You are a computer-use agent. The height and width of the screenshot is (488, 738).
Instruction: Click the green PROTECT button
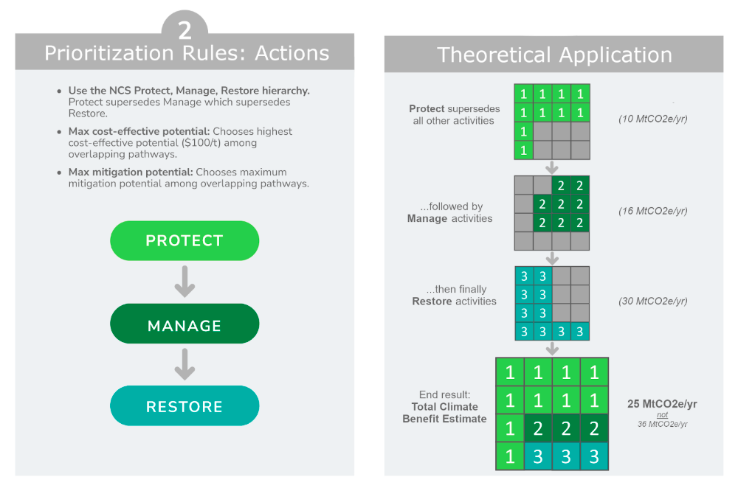(x=184, y=241)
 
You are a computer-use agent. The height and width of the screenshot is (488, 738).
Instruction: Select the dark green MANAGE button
(x=184, y=325)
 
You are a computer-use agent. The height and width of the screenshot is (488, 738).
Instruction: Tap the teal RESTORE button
(x=184, y=407)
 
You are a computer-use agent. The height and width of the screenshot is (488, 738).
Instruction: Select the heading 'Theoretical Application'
(x=554, y=55)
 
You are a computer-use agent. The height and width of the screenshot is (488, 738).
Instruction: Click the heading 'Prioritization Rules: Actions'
(x=186, y=53)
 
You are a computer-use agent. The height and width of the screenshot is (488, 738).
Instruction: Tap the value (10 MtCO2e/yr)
(x=652, y=119)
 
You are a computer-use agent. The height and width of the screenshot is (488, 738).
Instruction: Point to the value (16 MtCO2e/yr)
(x=652, y=211)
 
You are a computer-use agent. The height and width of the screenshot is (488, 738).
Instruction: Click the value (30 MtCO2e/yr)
(x=652, y=301)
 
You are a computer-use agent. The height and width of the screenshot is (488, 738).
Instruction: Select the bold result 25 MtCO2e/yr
(x=662, y=404)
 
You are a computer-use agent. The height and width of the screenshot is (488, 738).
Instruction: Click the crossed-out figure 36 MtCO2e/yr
(x=662, y=425)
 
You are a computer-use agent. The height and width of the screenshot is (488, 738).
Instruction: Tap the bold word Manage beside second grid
(x=427, y=218)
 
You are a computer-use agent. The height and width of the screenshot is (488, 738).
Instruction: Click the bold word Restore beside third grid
(x=432, y=301)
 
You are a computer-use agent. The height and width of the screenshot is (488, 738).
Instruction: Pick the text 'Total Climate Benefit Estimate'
(x=444, y=413)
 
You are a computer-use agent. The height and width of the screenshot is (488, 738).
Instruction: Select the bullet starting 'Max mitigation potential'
(x=188, y=178)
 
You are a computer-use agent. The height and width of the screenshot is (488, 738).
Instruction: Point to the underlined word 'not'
(x=662, y=415)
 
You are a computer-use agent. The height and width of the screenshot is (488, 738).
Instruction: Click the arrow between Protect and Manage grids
(x=551, y=167)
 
